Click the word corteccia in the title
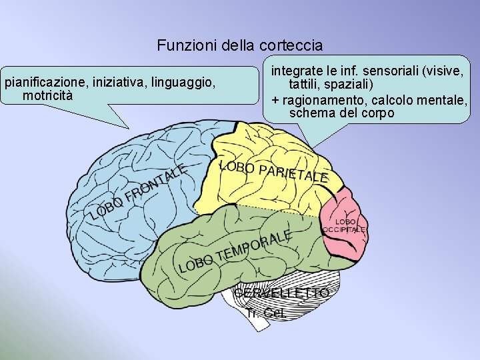(293, 46)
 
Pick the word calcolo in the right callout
(393, 100)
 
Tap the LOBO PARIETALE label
(273, 171)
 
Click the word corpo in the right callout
(377, 113)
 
